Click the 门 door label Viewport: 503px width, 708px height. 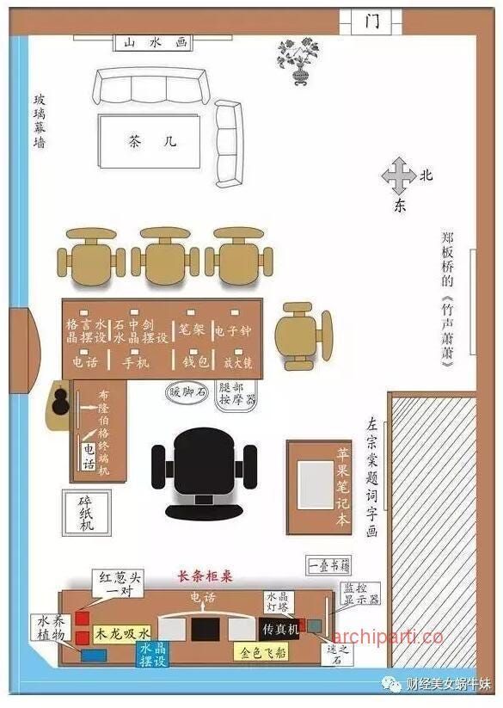point(371,22)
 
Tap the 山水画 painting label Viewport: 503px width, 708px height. point(155,41)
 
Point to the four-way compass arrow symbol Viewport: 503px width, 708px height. point(397,176)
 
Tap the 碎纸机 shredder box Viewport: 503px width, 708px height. point(85,514)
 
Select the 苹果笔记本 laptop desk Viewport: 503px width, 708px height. point(319,487)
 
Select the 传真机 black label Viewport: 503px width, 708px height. point(279,631)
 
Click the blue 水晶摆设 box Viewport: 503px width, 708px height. point(155,653)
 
